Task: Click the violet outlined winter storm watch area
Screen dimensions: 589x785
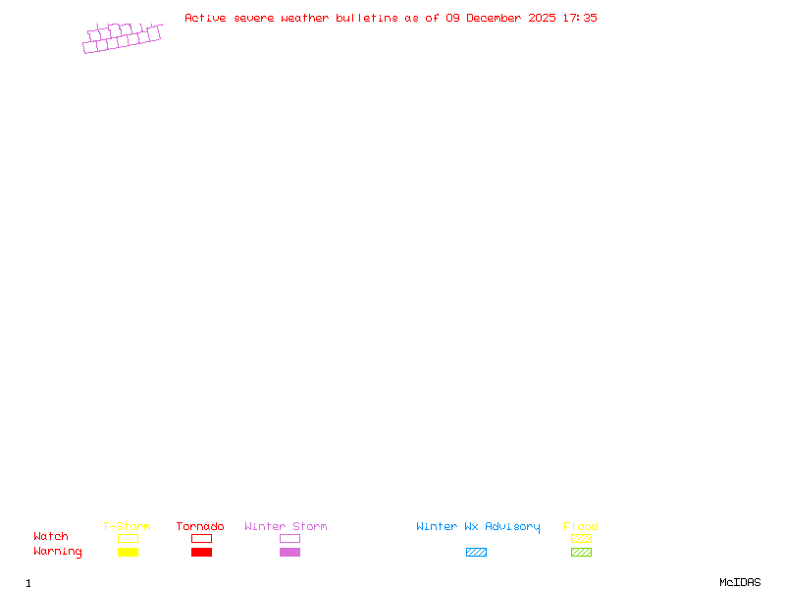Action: (x=122, y=38)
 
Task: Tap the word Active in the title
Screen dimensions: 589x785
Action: (x=205, y=18)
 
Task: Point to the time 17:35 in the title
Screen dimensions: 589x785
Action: (x=580, y=18)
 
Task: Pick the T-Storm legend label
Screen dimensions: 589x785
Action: (x=127, y=527)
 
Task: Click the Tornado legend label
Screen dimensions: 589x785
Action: (x=200, y=527)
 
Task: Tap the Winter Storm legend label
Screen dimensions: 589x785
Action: (x=286, y=527)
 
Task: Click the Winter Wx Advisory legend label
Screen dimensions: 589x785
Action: (x=478, y=527)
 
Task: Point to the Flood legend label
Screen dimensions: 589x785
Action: (x=581, y=527)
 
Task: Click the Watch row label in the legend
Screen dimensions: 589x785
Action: (x=51, y=537)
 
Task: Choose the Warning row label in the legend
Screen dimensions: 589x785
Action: (x=58, y=552)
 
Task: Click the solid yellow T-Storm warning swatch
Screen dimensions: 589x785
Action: (x=128, y=553)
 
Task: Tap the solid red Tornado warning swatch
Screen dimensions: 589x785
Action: (x=201, y=553)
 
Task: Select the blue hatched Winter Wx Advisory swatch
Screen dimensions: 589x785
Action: (x=476, y=553)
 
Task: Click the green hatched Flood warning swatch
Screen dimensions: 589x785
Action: (x=581, y=553)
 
